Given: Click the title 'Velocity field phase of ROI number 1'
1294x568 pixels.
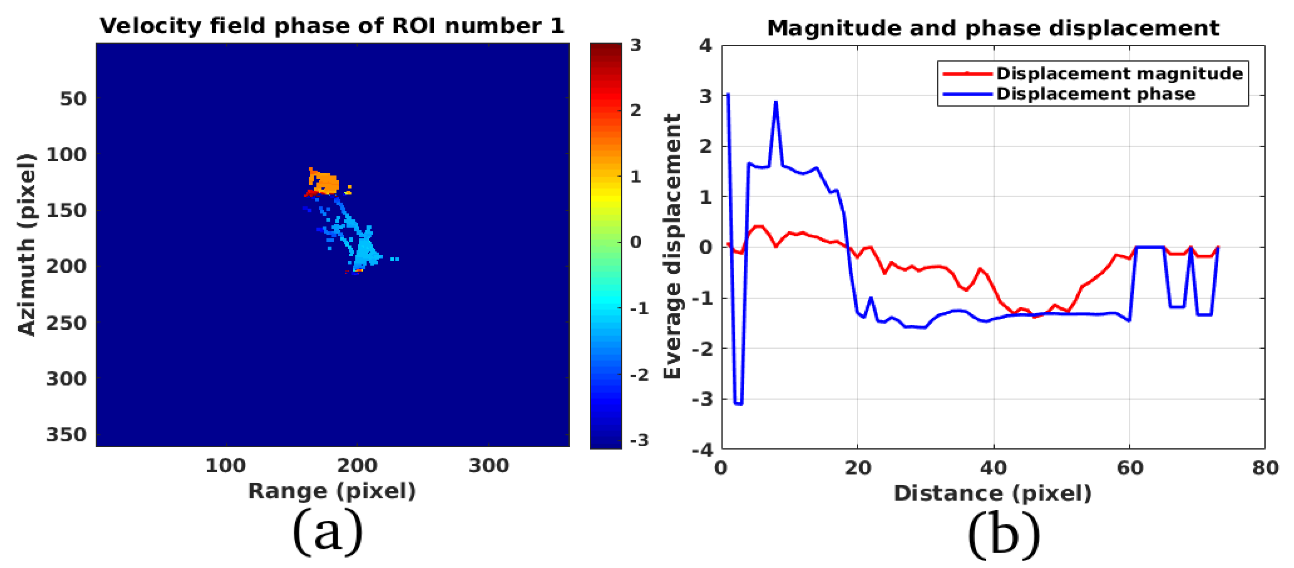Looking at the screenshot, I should pyautogui.click(x=332, y=26).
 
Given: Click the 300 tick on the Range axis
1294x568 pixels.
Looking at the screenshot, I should pyautogui.click(x=488, y=466).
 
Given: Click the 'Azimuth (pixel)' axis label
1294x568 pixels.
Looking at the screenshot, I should pyautogui.click(x=26, y=245).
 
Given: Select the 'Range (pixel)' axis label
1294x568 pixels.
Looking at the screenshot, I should pyautogui.click(x=332, y=491).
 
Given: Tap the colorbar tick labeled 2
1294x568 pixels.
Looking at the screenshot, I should pyautogui.click(x=636, y=110).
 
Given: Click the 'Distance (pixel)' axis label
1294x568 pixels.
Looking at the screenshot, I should pyautogui.click(x=993, y=493).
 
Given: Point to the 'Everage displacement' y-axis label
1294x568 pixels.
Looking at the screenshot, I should pyautogui.click(x=672, y=246).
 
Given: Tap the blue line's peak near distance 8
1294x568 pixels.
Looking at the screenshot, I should pyautogui.click(x=776, y=102).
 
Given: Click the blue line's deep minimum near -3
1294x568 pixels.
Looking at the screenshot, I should pyautogui.click(x=738, y=403).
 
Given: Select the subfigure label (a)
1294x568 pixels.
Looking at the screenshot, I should pyautogui.click(x=328, y=532).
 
